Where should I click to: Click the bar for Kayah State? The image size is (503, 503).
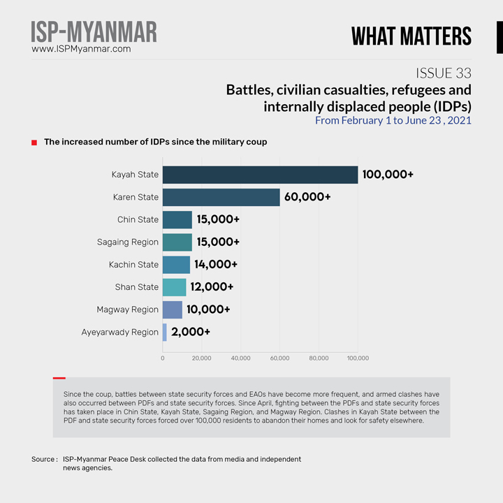(x=260, y=175)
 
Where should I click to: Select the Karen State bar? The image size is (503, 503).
(x=221, y=197)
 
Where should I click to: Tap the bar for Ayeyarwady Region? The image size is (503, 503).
(x=165, y=332)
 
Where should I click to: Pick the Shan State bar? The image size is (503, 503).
(x=174, y=287)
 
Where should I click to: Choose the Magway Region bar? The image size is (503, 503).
(x=172, y=309)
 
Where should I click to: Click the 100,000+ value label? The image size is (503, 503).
(x=388, y=175)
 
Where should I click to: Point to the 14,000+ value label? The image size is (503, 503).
(x=216, y=265)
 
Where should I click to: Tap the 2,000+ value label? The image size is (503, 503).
(x=191, y=332)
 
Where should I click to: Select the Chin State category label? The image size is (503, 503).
(x=138, y=219)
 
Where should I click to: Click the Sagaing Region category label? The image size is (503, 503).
(x=128, y=242)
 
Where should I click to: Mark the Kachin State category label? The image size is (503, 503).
(x=133, y=265)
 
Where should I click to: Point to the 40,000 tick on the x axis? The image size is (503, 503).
(x=240, y=358)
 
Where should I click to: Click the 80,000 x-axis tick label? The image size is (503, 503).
(x=319, y=358)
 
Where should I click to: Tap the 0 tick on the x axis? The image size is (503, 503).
(x=163, y=358)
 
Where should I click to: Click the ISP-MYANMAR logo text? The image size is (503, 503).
(x=94, y=31)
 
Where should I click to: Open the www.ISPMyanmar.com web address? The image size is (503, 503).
(x=81, y=50)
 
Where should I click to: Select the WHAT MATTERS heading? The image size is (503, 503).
(x=411, y=36)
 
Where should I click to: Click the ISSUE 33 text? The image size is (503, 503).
(x=443, y=73)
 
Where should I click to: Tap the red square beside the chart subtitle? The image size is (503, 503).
(x=34, y=143)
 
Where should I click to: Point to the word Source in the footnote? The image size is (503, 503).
(x=43, y=459)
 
